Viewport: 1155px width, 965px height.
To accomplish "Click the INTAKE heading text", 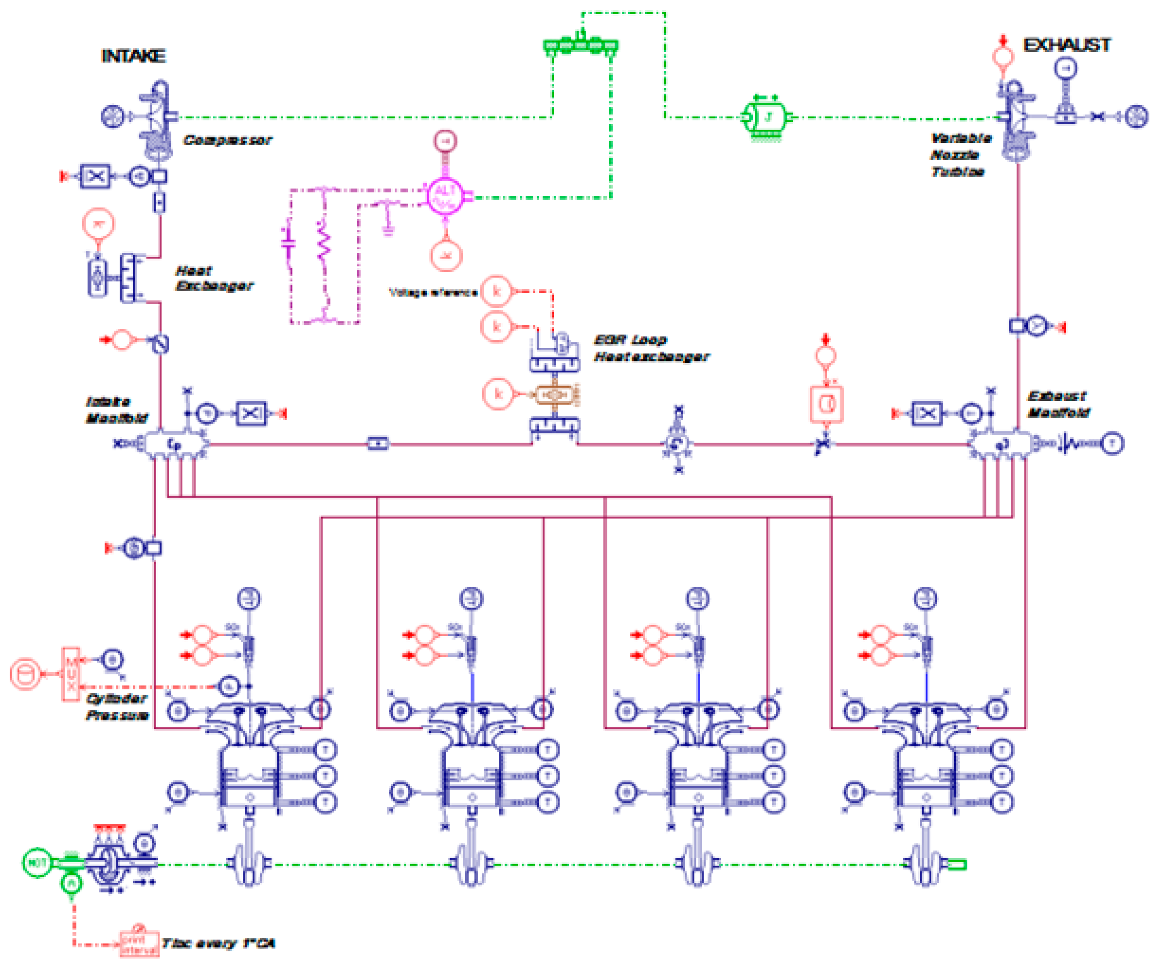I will coord(133,56).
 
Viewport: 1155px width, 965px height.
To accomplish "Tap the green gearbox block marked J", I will coord(766,117).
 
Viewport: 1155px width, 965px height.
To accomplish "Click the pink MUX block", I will coord(71,674).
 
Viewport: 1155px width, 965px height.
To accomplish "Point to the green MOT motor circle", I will coord(36,863).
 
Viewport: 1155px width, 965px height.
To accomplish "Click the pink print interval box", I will coord(139,943).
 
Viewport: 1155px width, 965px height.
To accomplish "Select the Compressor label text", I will coord(227,140).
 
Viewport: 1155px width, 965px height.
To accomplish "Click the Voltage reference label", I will coord(433,293).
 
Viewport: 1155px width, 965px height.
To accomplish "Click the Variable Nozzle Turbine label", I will coord(960,155).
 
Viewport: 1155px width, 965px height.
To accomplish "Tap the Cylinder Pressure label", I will coord(116,707).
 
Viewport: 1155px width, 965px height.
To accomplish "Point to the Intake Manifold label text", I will coord(116,410).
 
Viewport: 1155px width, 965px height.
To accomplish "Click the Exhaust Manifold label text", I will coord(1057,404).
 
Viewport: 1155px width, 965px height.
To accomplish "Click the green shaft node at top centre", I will coord(581,44).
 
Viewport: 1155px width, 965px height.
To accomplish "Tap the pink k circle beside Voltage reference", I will coord(496,291).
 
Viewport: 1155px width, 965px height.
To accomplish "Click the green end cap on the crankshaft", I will coord(957,865).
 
